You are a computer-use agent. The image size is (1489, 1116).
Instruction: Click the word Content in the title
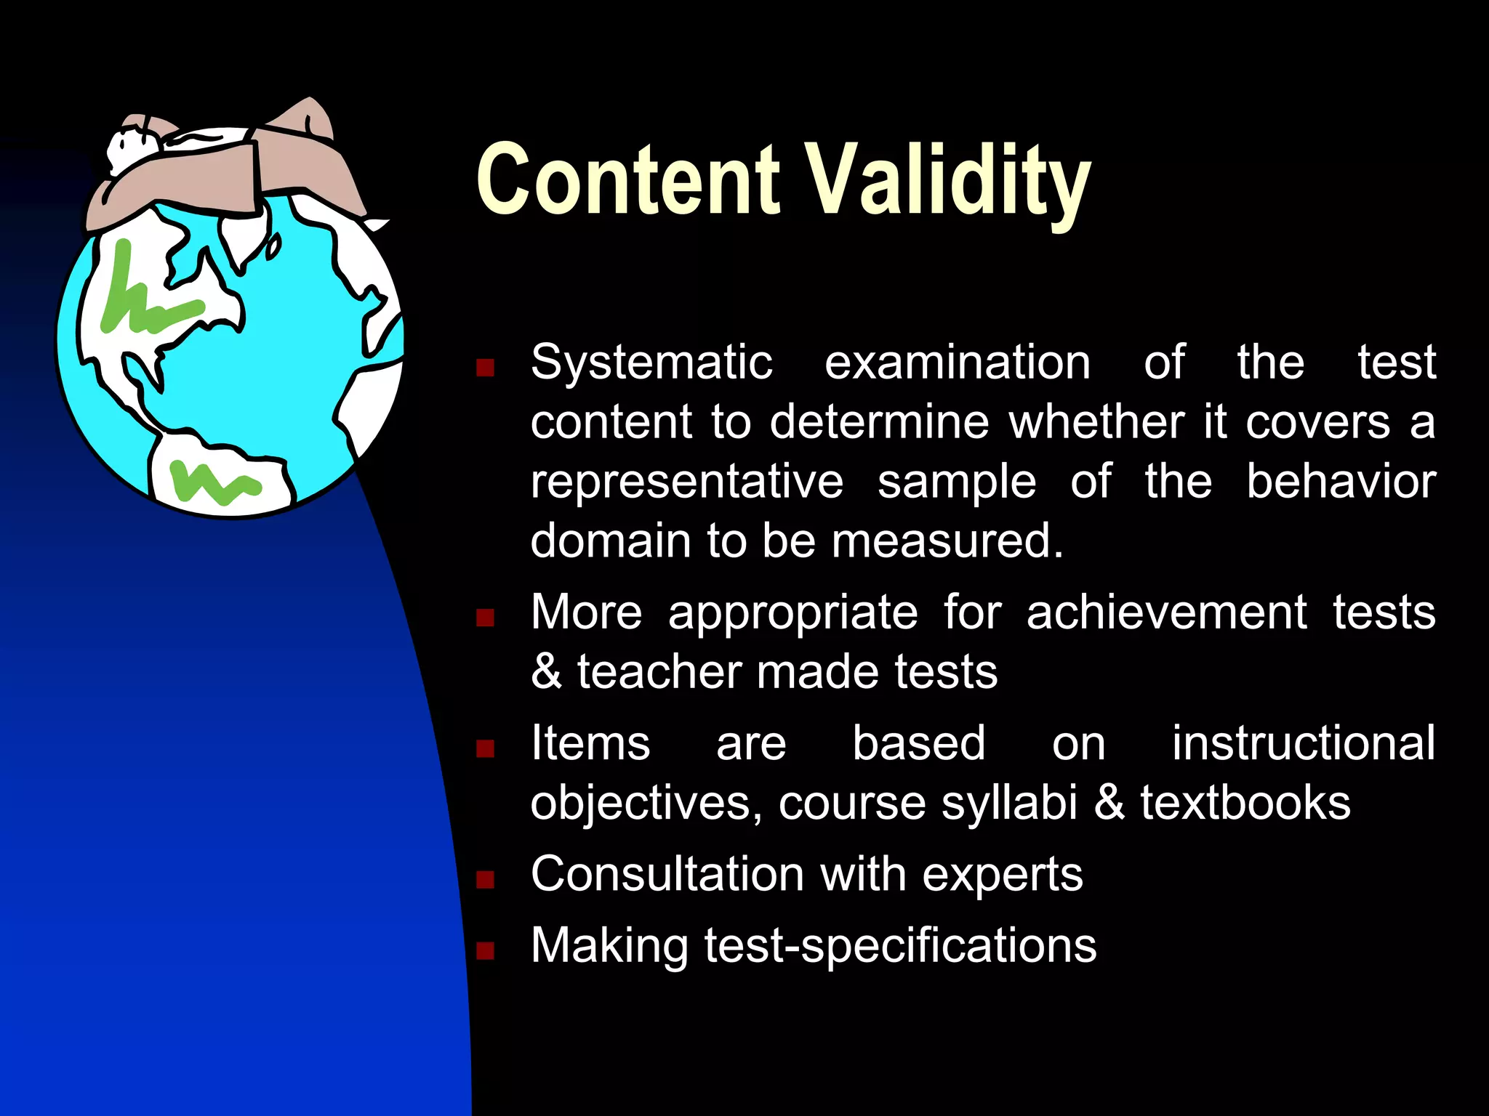coord(628,179)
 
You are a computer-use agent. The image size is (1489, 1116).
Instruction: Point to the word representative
coord(686,482)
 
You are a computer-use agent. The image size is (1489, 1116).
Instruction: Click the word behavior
coord(1341,482)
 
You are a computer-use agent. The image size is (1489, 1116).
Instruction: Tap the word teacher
coord(658,671)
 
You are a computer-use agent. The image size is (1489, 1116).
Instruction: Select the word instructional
coord(1303,743)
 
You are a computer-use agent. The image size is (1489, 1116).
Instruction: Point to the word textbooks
coord(1245,803)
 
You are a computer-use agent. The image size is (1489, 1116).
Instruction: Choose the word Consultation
coord(667,874)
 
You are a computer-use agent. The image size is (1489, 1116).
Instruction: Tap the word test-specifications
coord(900,946)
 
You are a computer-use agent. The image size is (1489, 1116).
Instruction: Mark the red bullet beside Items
coord(485,748)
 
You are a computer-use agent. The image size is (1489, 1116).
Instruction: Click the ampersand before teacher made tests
coord(546,671)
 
